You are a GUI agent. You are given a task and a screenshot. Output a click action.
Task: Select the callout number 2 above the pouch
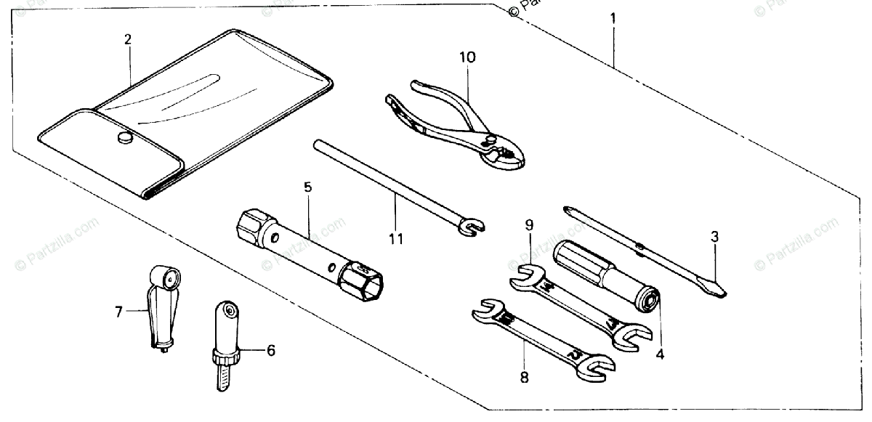[x=127, y=40]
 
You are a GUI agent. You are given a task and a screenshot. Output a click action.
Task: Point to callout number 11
[x=397, y=237]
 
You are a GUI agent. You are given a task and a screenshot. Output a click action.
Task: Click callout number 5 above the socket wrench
[x=307, y=187]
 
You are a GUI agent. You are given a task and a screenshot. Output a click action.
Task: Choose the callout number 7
[x=118, y=312]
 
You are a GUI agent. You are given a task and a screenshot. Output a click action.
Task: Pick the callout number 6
[x=270, y=351]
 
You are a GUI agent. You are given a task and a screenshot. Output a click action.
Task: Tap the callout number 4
[x=660, y=355]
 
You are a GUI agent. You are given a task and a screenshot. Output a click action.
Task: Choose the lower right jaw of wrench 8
[x=594, y=368]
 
